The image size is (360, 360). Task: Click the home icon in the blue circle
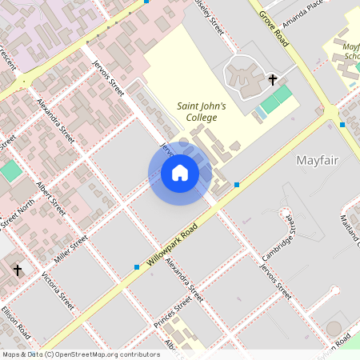[180, 173]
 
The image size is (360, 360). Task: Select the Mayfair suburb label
[317, 160]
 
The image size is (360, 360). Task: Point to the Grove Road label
[271, 22]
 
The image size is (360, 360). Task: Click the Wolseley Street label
[210, 16]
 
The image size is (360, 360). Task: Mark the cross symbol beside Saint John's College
[273, 79]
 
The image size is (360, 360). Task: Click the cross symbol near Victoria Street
[18, 270]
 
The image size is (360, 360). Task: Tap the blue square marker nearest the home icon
[237, 185]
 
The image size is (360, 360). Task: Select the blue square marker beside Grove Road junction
[342, 124]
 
